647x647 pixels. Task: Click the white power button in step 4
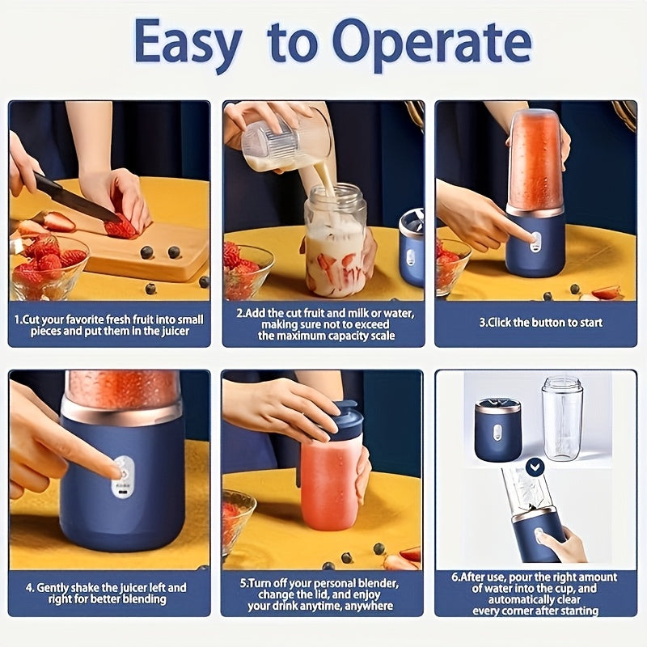123,467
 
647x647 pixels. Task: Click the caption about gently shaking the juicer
109,594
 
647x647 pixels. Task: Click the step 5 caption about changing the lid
322,594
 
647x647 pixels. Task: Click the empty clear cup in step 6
561,416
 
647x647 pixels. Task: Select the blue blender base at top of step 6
497,429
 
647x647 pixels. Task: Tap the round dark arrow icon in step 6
535,466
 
